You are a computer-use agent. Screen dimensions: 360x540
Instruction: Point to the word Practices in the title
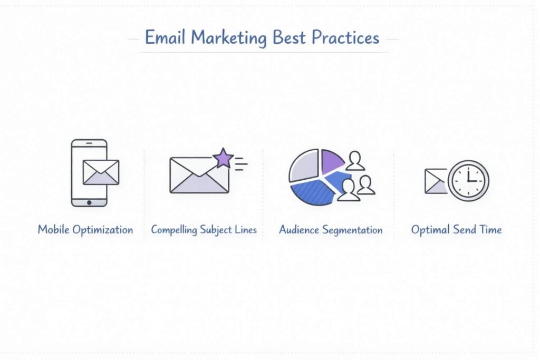pos(345,38)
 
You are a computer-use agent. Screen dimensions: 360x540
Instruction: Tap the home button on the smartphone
pos(89,202)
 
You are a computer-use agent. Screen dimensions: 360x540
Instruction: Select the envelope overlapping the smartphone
pos(101,172)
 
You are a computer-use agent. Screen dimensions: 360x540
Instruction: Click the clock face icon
pos(469,180)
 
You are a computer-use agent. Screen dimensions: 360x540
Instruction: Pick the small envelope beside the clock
pos(436,181)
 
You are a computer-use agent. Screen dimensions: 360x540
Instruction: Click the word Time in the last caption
pos(490,230)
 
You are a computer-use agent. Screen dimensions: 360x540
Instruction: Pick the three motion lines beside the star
pos(241,165)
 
